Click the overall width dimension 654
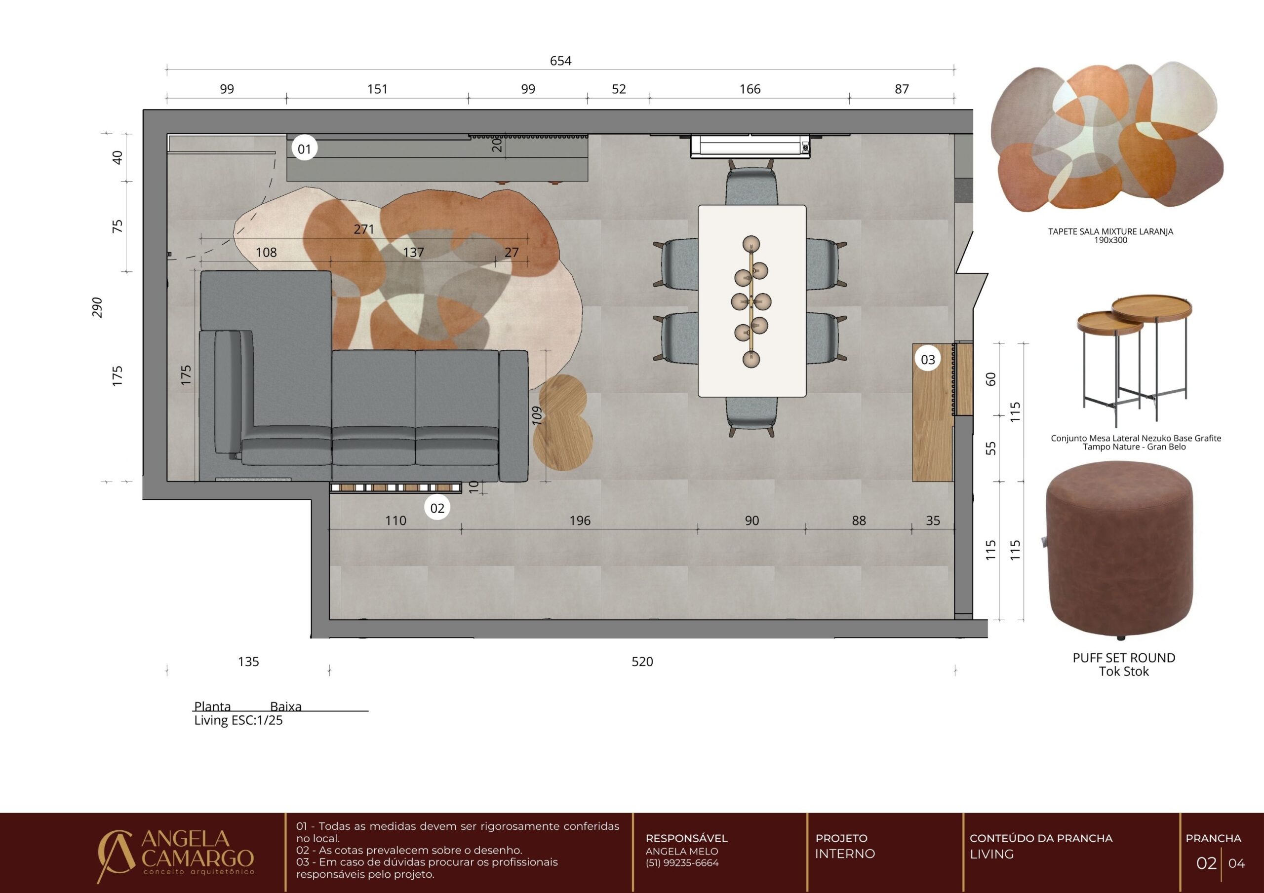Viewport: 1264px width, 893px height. coord(560,61)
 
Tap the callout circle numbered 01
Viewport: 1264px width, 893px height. coord(305,149)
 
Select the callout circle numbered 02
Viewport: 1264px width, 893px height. coord(437,508)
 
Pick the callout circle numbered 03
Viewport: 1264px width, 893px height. coord(928,360)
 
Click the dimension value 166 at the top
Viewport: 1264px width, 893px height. coord(750,89)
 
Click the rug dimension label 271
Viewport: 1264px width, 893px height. coord(364,229)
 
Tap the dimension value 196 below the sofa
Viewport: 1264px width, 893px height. coord(580,521)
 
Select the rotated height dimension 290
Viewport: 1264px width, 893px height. coord(97,307)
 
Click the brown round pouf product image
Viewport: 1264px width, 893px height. coord(1120,551)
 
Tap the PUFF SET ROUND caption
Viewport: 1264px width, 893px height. coord(1124,658)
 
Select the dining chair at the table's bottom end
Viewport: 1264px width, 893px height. coord(751,415)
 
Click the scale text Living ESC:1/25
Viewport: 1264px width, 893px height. coord(238,721)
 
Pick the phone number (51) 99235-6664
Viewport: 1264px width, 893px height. coord(682,863)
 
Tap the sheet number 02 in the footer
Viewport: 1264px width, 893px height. coord(1206,863)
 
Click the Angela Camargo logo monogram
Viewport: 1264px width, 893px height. coord(115,856)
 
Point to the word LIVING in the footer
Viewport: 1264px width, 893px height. coord(991,854)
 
